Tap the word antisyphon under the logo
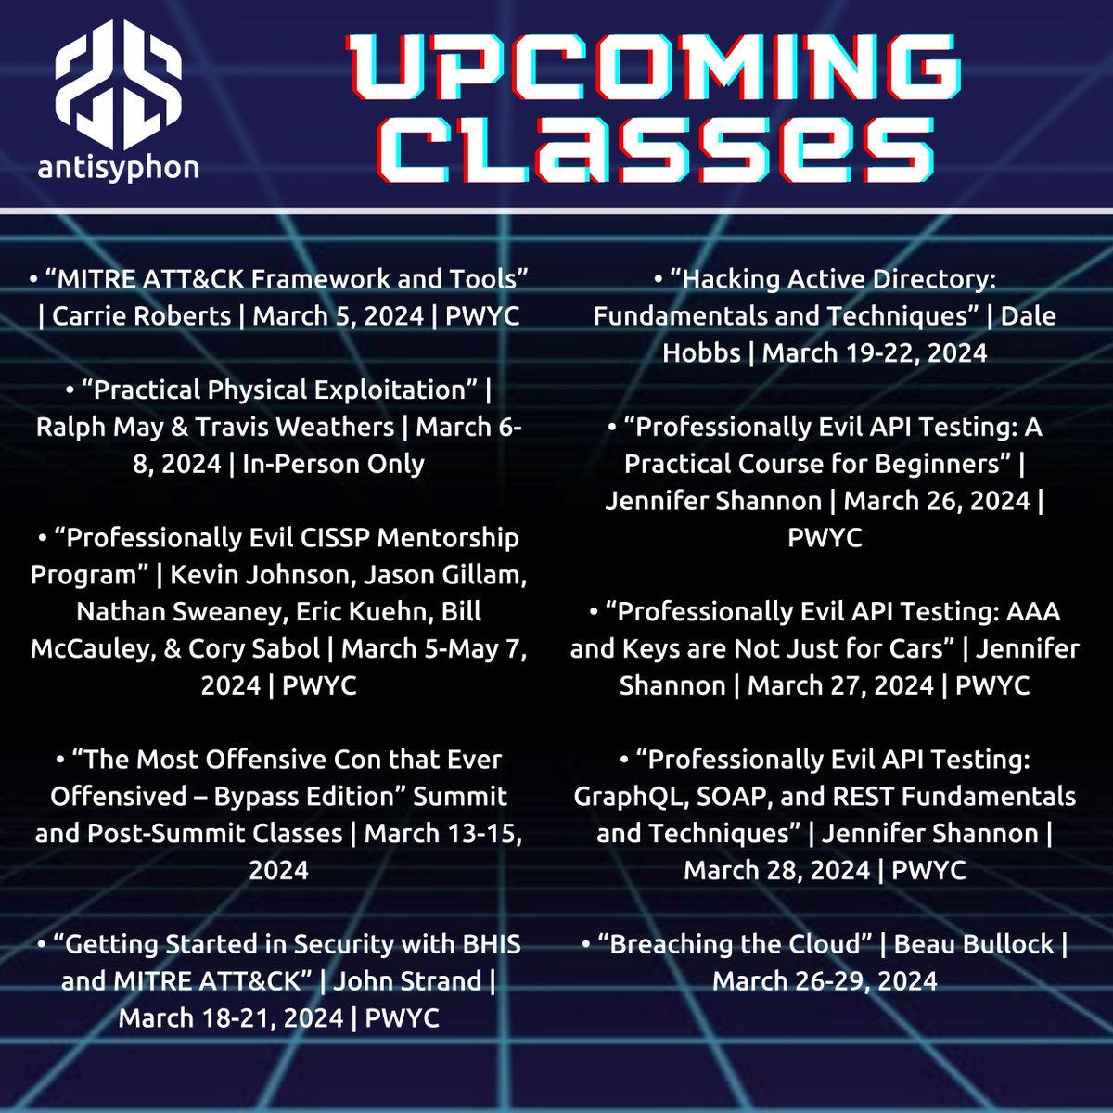coord(118,167)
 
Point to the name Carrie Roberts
coord(141,315)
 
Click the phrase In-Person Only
coord(333,463)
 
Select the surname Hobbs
coord(701,352)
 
